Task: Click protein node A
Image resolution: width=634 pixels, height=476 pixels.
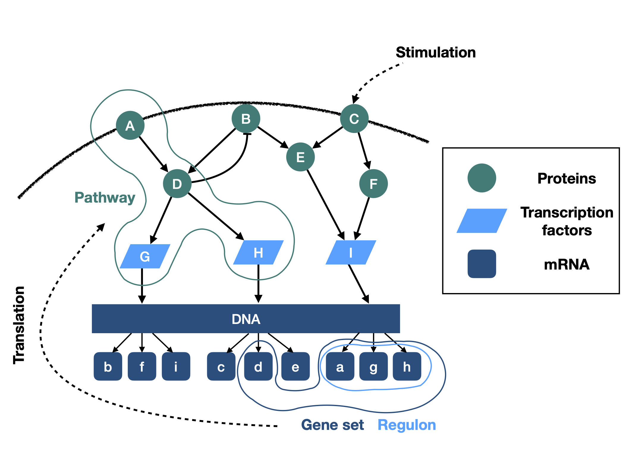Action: pyautogui.click(x=130, y=125)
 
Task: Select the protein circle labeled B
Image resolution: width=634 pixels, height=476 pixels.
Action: pyautogui.click(x=246, y=118)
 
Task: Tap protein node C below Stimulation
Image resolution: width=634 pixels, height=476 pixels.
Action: pyautogui.click(x=354, y=118)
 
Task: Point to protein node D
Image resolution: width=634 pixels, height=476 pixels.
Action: pyautogui.click(x=177, y=184)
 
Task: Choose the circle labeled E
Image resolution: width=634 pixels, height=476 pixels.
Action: pyautogui.click(x=300, y=157)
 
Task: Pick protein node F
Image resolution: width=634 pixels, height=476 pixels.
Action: pyautogui.click(x=373, y=184)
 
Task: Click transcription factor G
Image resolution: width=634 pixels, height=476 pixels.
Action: pyautogui.click(x=145, y=256)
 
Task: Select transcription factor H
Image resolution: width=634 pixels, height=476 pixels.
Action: pyautogui.click(x=258, y=253)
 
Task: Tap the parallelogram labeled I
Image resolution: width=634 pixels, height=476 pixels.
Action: pyautogui.click(x=351, y=253)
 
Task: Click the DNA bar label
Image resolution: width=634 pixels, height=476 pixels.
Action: pyautogui.click(x=246, y=319)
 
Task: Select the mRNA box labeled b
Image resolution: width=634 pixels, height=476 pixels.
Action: pyautogui.click(x=108, y=367)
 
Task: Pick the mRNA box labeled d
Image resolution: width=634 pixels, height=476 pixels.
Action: pyautogui.click(x=258, y=367)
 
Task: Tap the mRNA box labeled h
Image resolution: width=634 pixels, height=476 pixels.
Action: pyautogui.click(x=407, y=367)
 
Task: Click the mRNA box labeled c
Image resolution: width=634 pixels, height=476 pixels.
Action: pyautogui.click(x=221, y=367)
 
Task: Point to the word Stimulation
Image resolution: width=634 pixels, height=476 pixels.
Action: pyautogui.click(x=436, y=52)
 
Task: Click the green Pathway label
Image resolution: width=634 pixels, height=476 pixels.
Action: pyautogui.click(x=105, y=198)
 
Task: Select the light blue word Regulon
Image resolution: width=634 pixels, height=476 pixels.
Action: pyautogui.click(x=407, y=425)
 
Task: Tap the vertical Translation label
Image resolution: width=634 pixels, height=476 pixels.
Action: pyautogui.click(x=19, y=325)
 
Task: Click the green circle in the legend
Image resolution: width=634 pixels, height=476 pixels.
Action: pyautogui.click(x=482, y=178)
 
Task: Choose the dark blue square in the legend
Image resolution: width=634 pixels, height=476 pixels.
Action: pyautogui.click(x=482, y=264)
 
